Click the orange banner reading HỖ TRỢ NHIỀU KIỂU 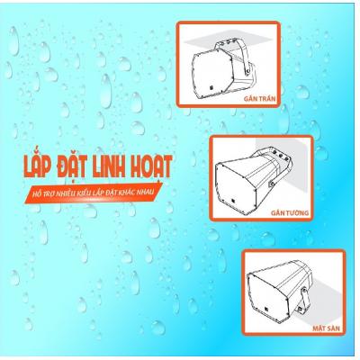point(94,193)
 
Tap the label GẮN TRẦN point(260,99)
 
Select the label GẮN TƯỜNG point(290,213)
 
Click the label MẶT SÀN point(326,328)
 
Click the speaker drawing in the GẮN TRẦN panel point(223,69)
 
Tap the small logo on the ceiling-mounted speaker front point(211,88)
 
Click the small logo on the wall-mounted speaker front point(233,202)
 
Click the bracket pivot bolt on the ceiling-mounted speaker point(247,71)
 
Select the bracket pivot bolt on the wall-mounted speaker point(272,184)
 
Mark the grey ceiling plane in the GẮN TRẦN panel point(228,39)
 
